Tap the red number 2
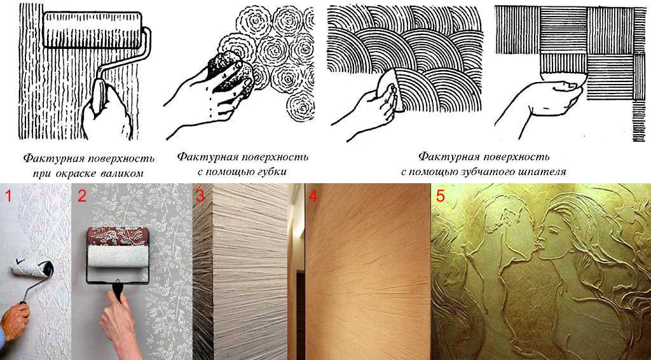(82, 195)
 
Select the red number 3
(200, 195)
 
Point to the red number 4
(313, 195)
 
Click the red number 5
(440, 195)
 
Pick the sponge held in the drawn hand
(229, 73)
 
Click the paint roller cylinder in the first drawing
(92, 29)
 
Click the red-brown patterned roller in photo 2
(117, 236)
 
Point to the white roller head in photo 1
(32, 269)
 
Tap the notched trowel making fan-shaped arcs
(390, 88)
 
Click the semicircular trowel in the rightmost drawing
(563, 78)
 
